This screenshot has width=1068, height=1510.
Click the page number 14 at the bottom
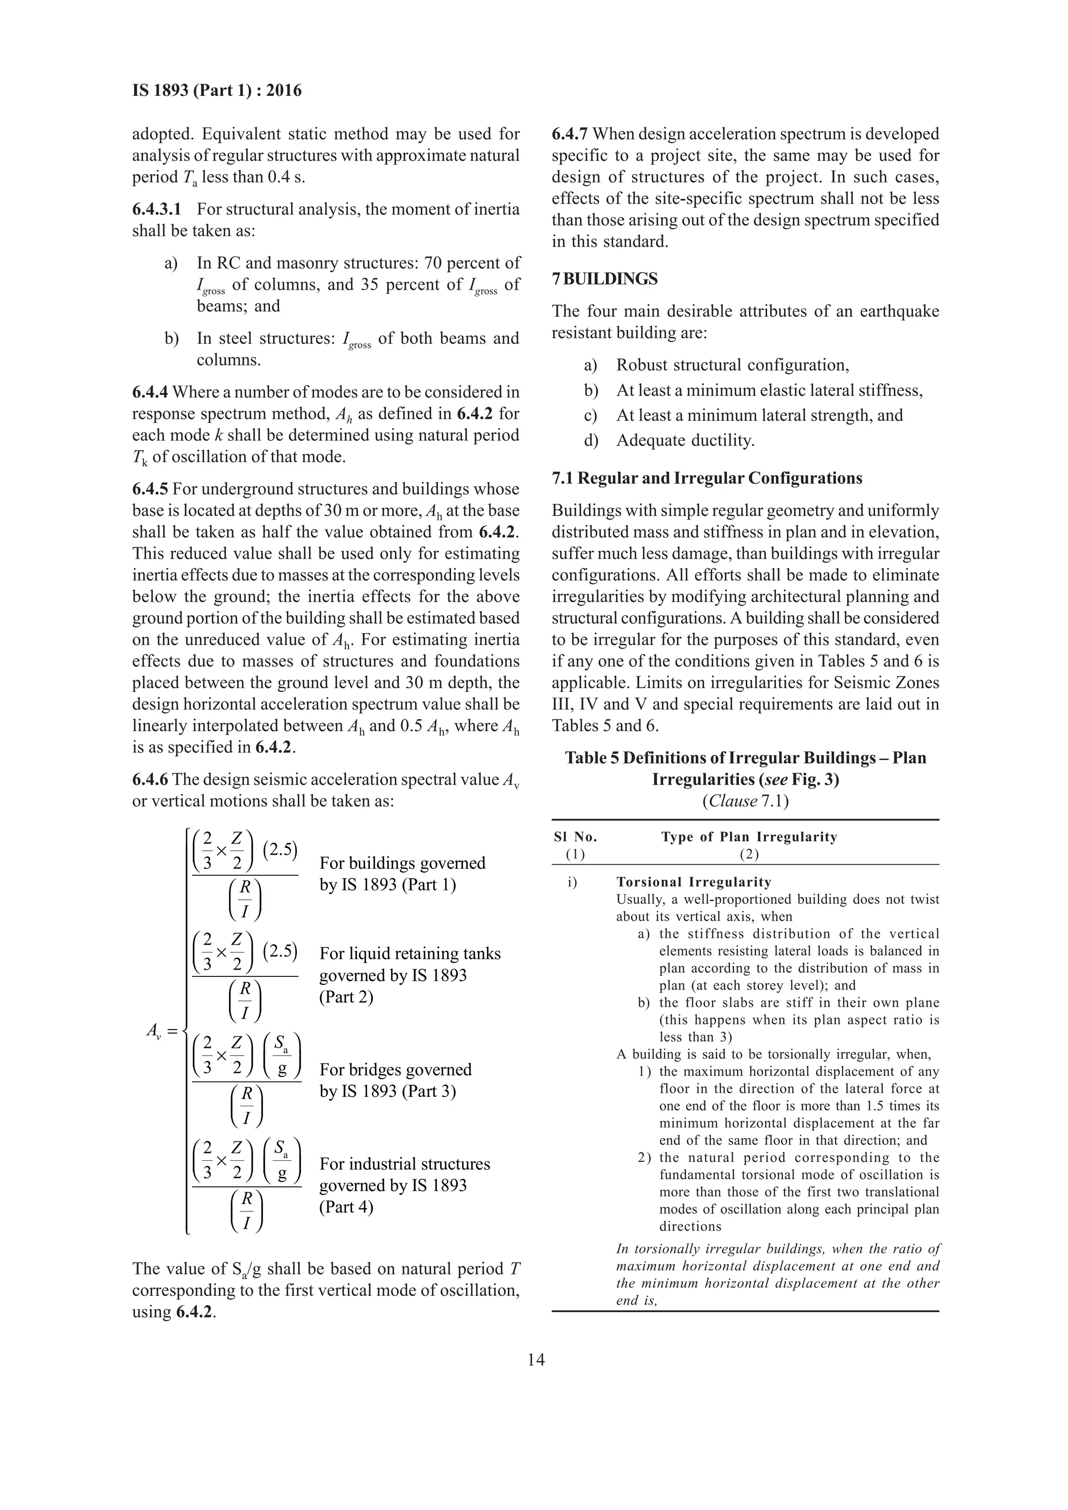[x=536, y=1360]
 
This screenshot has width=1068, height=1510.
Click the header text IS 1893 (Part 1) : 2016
[x=216, y=91]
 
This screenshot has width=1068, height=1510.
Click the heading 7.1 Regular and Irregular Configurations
[x=707, y=478]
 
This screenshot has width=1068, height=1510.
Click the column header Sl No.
[x=575, y=837]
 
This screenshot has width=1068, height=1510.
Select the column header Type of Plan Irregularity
[x=749, y=837]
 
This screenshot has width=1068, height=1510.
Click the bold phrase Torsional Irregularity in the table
[x=694, y=882]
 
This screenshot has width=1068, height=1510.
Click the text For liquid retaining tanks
[x=409, y=954]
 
